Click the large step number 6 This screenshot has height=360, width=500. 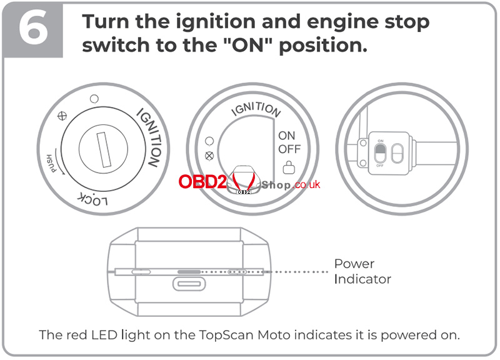click(32, 29)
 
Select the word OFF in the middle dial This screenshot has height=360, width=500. click(289, 149)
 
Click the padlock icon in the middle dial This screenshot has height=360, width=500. click(289, 167)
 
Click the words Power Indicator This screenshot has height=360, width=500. click(362, 271)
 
